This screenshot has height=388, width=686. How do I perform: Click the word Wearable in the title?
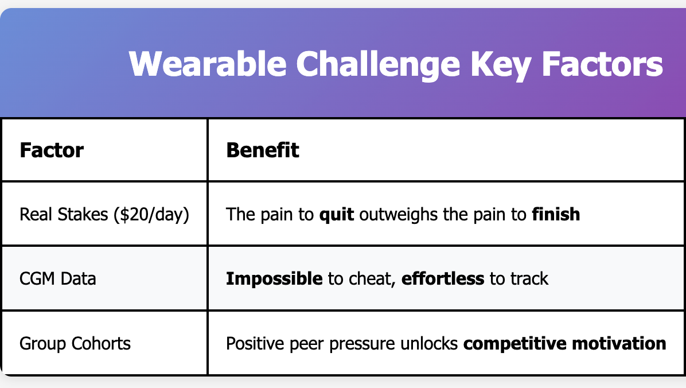(208, 64)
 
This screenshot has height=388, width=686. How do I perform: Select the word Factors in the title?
(602, 64)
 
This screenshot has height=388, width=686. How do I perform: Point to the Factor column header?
(52, 150)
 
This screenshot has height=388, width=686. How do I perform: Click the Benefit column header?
(263, 150)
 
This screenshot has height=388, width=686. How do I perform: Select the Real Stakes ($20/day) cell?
(104, 215)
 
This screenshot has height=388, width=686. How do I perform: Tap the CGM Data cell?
(58, 278)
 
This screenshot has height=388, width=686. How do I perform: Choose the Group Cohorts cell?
(75, 344)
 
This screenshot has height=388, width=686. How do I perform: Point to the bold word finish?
(556, 214)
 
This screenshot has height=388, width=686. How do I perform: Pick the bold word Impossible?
(274, 279)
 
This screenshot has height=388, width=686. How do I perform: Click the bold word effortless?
(443, 278)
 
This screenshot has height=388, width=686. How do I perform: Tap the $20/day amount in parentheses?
(151, 215)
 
